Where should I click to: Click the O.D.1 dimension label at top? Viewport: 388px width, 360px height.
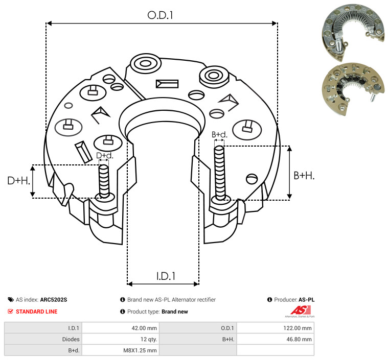click(x=160, y=15)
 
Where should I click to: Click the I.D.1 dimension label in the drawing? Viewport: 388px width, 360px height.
click(x=166, y=276)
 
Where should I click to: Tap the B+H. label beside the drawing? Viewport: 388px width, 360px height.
click(x=304, y=176)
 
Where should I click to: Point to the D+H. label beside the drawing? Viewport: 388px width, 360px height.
click(x=18, y=181)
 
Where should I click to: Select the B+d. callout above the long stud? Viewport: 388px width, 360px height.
click(x=219, y=134)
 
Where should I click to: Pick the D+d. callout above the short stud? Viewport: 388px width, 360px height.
click(x=104, y=156)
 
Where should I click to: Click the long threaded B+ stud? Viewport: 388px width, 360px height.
click(x=220, y=173)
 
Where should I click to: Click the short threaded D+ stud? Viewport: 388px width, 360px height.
click(x=104, y=181)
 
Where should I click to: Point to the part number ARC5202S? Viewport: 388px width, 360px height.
click(x=54, y=300)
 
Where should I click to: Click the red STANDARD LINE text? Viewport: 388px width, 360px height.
click(x=37, y=311)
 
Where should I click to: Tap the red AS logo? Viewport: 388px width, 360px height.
click(x=301, y=311)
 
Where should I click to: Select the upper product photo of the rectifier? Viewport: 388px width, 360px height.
click(x=353, y=32)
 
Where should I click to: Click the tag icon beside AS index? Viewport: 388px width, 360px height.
click(x=11, y=300)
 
